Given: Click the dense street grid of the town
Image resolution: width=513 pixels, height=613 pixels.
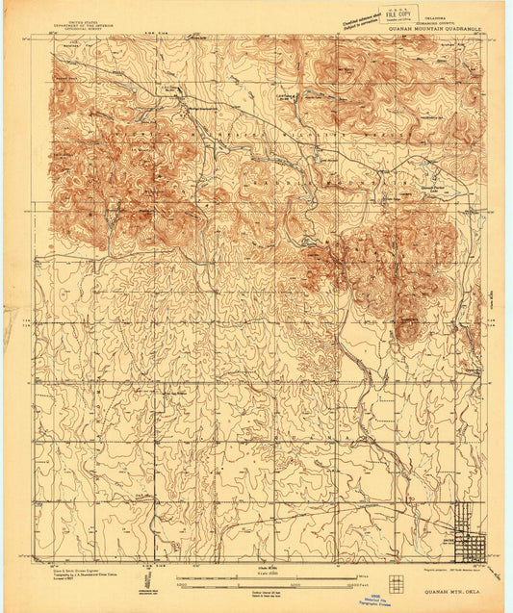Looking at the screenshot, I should click(471, 546).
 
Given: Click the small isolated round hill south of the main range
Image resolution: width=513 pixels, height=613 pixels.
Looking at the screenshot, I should click(408, 329).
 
